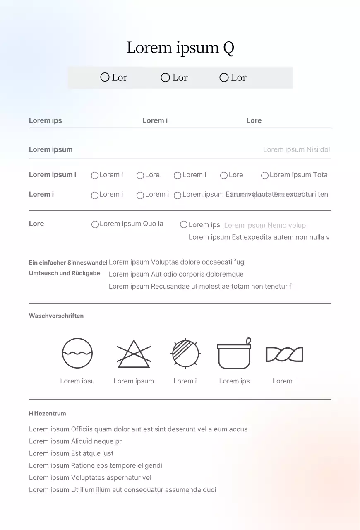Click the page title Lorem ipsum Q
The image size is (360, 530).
coord(180,48)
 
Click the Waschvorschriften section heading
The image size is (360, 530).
coord(56,316)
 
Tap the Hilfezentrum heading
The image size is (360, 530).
coord(47,413)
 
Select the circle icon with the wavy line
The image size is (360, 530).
coord(77,353)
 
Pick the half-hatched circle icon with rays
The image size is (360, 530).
coord(185,353)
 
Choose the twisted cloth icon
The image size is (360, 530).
coord(284,354)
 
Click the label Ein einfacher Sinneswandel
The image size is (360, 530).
coord(68,263)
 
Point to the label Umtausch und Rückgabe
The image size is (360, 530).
coord(65,273)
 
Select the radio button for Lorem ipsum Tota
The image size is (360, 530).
coord(265,176)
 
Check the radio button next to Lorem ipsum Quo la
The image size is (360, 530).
coord(95,224)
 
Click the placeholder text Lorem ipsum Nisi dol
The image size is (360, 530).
coord(296,149)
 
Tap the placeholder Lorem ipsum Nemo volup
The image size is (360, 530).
coord(265,225)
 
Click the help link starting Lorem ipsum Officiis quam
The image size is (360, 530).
coord(138,429)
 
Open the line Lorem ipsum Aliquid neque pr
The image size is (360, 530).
coord(75,441)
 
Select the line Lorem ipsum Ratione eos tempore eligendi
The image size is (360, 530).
coord(96,465)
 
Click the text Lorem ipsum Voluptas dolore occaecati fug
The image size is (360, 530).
coord(176,262)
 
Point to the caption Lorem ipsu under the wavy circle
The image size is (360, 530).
coord(77,381)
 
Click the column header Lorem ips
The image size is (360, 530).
coord(46,120)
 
